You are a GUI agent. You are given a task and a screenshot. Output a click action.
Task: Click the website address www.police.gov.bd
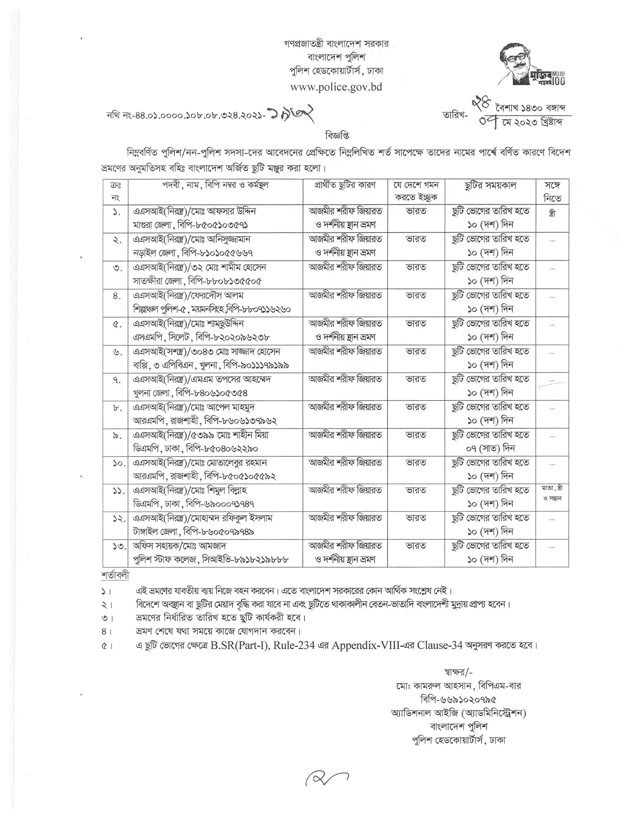click(336, 87)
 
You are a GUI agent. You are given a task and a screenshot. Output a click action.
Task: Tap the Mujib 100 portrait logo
click(531, 64)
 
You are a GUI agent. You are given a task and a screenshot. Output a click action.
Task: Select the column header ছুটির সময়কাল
click(490, 185)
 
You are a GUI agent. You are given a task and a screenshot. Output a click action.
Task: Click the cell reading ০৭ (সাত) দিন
click(490, 448)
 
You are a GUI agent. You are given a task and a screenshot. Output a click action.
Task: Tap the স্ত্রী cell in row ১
click(551, 212)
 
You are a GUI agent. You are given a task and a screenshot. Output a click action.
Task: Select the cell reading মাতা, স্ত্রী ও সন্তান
click(552, 493)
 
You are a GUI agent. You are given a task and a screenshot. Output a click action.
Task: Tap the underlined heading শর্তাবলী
click(115, 575)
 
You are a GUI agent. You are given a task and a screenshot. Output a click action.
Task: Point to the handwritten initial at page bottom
click(326, 779)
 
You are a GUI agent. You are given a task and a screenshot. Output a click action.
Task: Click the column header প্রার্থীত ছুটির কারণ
click(345, 185)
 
